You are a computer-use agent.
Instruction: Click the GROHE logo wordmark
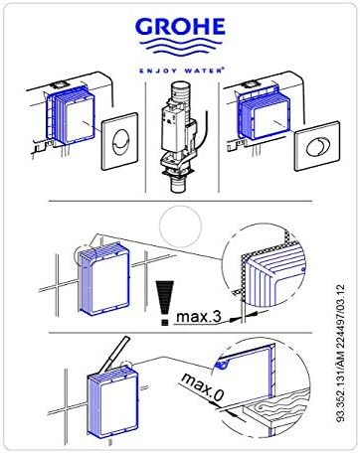[180, 27]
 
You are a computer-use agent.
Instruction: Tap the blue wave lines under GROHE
[180, 47]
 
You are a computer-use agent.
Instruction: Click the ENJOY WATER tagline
[181, 71]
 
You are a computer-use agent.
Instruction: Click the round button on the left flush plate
[119, 142]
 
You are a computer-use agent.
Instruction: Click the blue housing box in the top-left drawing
[71, 115]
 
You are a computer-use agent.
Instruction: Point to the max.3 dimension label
[199, 317]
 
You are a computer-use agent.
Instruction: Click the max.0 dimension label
[203, 386]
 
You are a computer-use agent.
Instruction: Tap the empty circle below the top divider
[180, 226]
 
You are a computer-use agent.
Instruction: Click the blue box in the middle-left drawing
[102, 279]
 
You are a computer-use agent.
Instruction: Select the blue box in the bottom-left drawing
[113, 403]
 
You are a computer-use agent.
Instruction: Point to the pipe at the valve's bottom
[179, 186]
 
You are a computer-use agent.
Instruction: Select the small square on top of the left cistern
[59, 84]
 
